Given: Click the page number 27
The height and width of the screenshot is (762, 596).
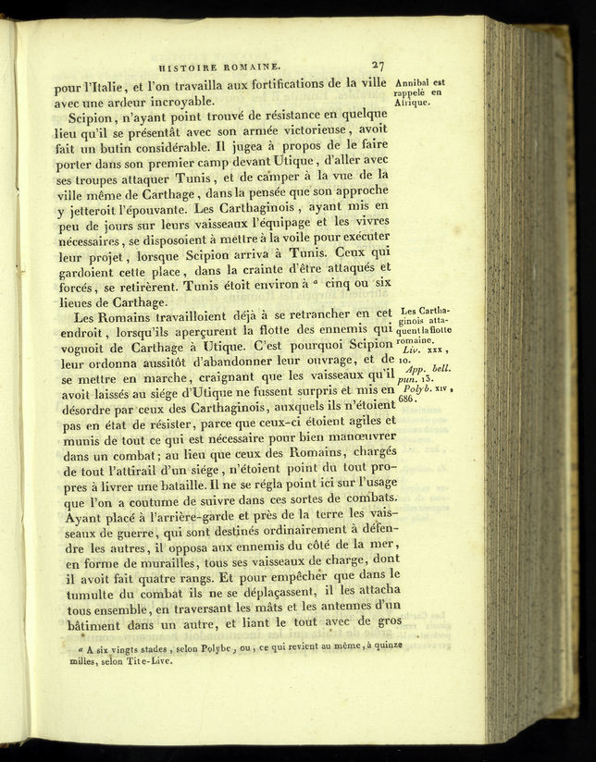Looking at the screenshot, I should (377, 66).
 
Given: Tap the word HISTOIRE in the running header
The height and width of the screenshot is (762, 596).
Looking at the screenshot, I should (192, 67).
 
